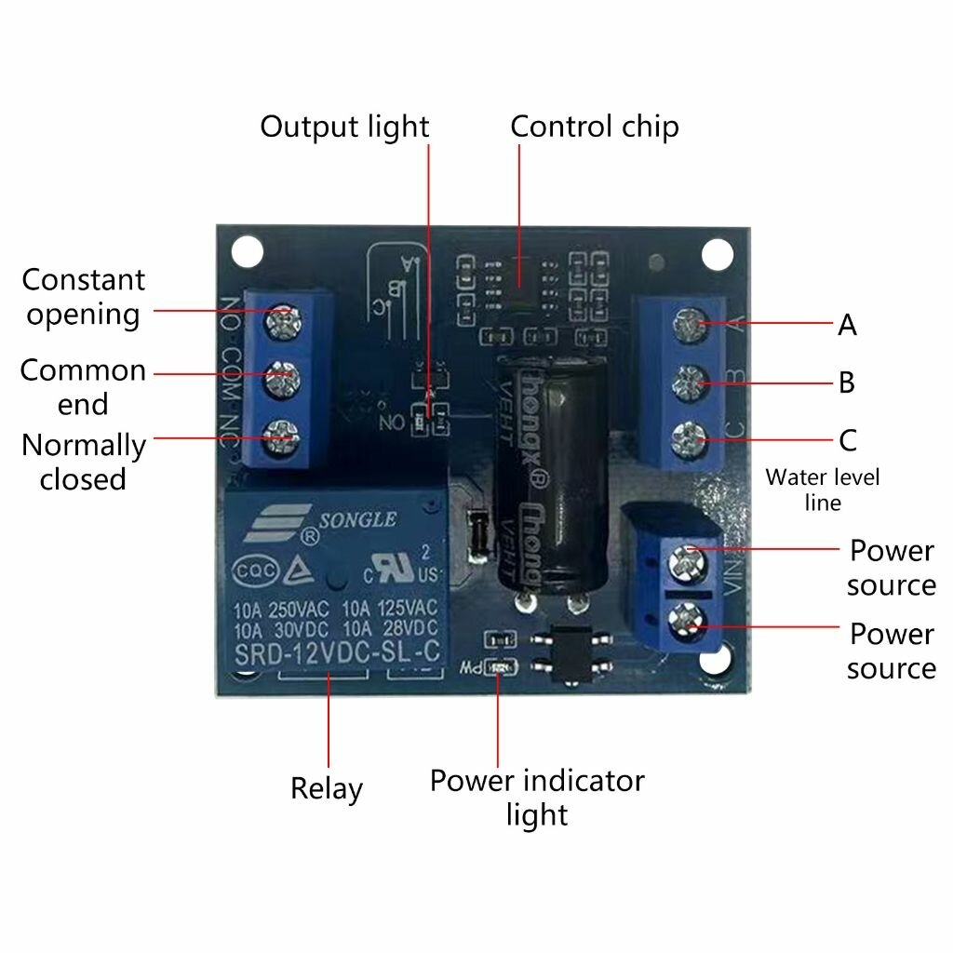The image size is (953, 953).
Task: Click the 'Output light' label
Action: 344,127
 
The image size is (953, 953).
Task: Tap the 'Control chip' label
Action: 595,127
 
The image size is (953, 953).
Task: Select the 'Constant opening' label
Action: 84,296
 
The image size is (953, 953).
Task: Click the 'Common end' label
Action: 83,386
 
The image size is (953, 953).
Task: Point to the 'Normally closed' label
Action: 83,462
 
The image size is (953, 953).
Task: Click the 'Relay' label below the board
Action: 326,788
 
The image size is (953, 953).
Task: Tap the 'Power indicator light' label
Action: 537,797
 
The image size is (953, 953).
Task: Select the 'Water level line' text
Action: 822,490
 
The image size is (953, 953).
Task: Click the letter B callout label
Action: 846,383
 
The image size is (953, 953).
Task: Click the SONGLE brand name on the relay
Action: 358,519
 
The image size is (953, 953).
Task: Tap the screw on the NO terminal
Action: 280,322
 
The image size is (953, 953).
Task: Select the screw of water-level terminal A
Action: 688,325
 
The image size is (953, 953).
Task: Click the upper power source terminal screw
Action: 688,559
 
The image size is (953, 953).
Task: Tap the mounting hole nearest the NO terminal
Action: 246,249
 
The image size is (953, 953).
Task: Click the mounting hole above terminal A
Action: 716,252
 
